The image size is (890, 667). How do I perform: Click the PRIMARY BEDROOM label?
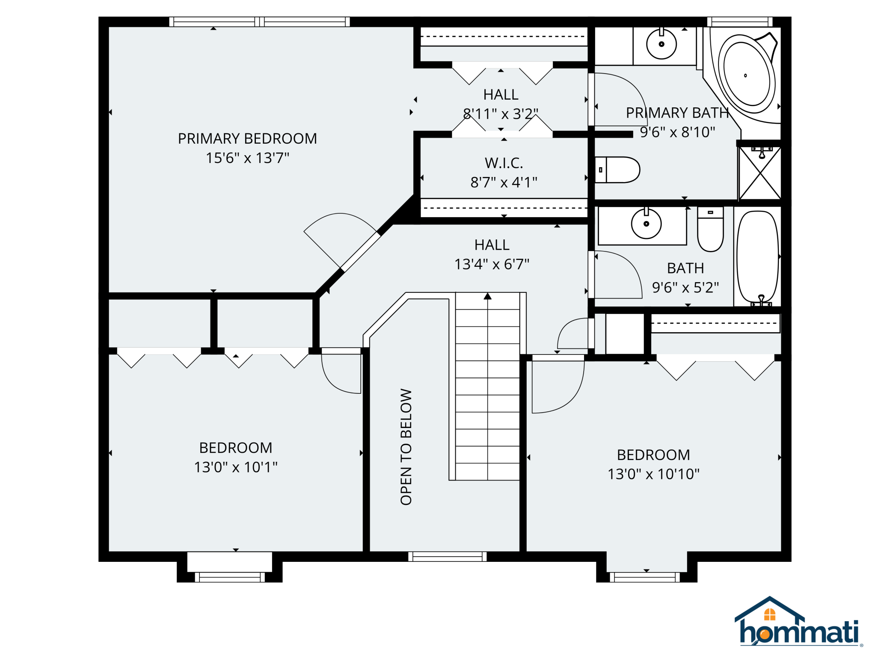coord(247,139)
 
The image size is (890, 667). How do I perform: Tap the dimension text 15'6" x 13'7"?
coord(247,158)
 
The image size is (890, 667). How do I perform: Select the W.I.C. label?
coord(504,163)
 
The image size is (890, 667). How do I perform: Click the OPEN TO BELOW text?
coord(406,447)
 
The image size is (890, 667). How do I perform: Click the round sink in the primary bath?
coord(661,44)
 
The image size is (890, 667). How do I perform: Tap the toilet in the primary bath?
coord(617,170)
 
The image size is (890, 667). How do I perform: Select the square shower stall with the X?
coord(760,173)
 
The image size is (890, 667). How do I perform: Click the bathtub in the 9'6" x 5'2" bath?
coord(758,257)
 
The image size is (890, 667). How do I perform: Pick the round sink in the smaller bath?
coord(646,224)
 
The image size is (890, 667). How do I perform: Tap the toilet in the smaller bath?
coord(710,229)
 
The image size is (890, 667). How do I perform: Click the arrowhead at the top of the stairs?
coord(487,296)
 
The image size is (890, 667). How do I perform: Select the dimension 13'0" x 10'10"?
coord(653,474)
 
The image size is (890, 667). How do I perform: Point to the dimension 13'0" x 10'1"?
coord(236,467)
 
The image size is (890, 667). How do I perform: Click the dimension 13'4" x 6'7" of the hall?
coord(492,264)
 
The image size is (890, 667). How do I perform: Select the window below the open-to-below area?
coord(447,556)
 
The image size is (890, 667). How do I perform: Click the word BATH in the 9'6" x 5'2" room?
coord(685,268)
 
